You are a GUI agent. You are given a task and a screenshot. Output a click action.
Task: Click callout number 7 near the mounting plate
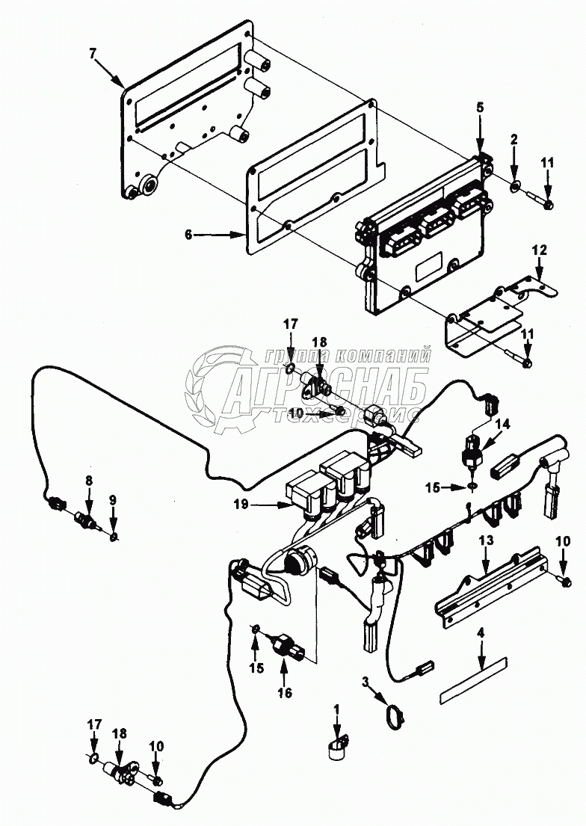point(93,55)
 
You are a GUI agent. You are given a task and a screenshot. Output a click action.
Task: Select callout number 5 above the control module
point(479,107)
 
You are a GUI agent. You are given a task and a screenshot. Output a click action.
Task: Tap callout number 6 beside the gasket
point(189,234)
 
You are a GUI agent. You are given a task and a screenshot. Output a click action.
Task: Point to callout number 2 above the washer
point(514,140)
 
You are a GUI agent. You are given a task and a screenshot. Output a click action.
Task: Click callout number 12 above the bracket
point(539,249)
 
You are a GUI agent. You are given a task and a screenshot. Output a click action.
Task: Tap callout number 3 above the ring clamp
point(366,681)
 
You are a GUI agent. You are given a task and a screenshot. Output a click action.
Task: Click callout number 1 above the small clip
point(336,708)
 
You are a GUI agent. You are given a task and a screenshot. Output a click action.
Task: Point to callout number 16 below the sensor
point(285,692)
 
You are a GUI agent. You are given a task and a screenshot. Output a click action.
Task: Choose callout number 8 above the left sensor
point(89,478)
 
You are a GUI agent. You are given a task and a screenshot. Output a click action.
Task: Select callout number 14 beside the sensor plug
point(502,424)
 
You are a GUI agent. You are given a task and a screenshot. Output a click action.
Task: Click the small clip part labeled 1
point(338,748)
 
